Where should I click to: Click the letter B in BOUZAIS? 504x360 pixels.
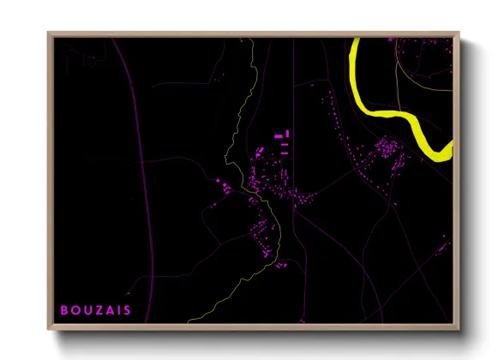(63, 310)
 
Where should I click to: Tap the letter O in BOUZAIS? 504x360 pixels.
(75, 310)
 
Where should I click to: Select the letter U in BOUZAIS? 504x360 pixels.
(87, 310)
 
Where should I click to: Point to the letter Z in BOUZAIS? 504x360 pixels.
(98, 310)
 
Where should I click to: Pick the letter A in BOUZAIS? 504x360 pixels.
(109, 310)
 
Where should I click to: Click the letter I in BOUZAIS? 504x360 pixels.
(118, 310)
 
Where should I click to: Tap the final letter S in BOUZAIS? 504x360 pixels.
(127, 310)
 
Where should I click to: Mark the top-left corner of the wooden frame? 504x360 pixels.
(49, 33)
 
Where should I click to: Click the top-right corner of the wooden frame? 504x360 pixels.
(458, 33)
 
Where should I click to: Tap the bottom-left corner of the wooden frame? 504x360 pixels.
(49, 327)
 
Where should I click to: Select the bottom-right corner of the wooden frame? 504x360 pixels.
(458, 327)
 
